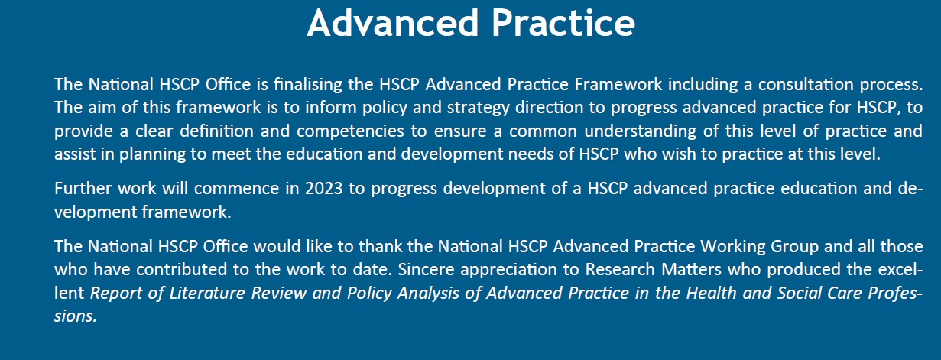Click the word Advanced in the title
[x=392, y=23]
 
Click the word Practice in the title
[x=563, y=23]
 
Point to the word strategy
[x=478, y=108]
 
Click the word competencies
[x=350, y=131]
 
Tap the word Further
[x=83, y=188]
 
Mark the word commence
[x=236, y=189]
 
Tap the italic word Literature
[x=207, y=293]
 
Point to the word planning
[x=152, y=154]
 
